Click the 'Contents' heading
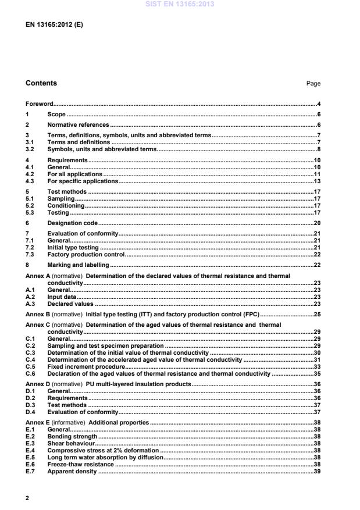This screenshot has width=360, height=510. (41, 83)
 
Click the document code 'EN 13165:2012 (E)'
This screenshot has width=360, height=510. (50, 25)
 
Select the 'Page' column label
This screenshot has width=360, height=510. (313, 84)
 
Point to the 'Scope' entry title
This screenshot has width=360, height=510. (56, 115)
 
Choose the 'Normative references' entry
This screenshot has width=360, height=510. (78, 125)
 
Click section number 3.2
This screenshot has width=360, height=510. (30, 149)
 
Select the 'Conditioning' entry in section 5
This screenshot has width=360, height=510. (66, 205)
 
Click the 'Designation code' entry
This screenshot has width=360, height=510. (72, 223)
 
